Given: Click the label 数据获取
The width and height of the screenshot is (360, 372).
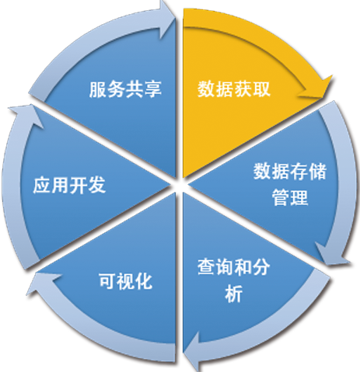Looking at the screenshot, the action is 234,89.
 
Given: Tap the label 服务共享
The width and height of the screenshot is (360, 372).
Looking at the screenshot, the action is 125,89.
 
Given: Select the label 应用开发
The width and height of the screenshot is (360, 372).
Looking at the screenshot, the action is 69,185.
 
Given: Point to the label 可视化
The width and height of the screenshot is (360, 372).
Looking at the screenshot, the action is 125,281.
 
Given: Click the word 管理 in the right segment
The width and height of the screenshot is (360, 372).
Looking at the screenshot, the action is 290,197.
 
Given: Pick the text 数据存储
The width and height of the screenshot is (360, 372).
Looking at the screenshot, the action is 290,172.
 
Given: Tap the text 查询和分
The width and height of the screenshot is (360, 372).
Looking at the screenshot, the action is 233,267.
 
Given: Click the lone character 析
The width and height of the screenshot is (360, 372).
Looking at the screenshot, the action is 233,294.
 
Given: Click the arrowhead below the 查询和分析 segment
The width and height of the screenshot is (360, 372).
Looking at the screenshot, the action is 192,353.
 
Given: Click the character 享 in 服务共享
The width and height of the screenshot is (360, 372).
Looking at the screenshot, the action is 153,89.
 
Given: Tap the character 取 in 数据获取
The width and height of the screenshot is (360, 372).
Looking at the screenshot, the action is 261,89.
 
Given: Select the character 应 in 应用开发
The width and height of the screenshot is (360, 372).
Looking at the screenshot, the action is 42,185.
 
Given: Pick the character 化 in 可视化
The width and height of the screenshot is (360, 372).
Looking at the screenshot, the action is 144,281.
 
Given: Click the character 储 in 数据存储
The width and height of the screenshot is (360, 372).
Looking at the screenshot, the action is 318,172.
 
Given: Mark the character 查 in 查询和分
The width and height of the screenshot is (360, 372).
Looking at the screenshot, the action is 206,267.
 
